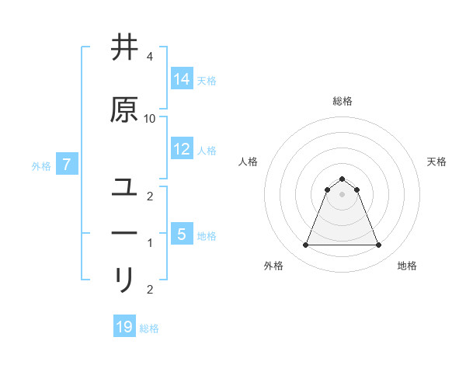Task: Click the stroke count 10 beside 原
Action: (x=150, y=118)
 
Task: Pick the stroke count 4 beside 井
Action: (x=150, y=57)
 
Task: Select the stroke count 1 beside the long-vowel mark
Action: (x=150, y=243)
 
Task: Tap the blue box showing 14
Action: (x=182, y=79)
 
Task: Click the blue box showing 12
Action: (x=182, y=149)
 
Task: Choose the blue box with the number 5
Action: (x=182, y=234)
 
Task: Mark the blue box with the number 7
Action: (x=68, y=165)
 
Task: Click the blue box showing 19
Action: (x=124, y=327)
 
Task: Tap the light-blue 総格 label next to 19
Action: (x=150, y=328)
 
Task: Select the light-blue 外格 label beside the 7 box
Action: (x=41, y=166)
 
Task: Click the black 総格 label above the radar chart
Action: (x=343, y=101)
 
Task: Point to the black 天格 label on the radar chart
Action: (x=437, y=162)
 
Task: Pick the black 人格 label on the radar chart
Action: (x=248, y=162)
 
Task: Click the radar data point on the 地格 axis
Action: (x=379, y=245)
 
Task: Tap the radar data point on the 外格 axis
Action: (x=305, y=245)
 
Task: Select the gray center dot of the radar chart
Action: (x=343, y=194)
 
